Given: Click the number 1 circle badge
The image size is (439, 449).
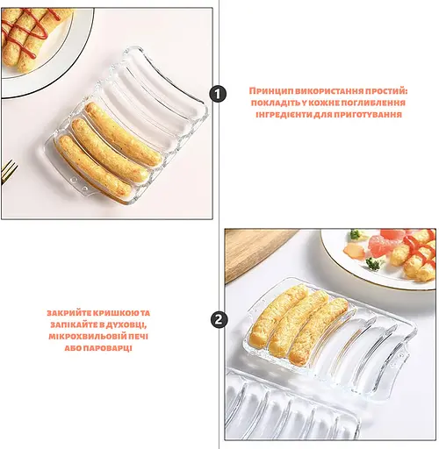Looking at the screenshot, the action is point(218,94).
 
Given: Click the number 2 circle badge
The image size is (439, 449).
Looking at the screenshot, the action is point(219,319).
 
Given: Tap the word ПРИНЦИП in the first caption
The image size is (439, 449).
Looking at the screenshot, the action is point(271,91).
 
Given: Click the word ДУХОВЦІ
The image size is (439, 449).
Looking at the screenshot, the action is point(127,325).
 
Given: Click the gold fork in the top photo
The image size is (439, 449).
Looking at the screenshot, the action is point(8,171).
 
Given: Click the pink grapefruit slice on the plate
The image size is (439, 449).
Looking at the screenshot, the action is point(384,243).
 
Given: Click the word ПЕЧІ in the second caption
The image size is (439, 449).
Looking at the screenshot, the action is point(138,337).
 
